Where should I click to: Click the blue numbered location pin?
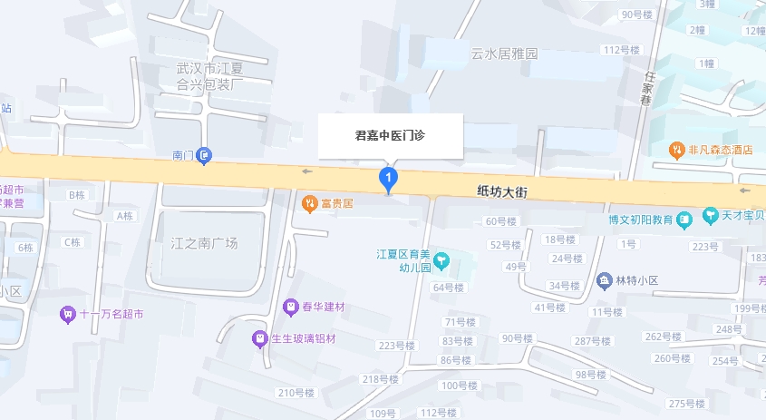click(x=389, y=177)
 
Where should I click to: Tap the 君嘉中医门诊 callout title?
click(x=390, y=135)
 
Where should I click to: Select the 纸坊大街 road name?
click(x=502, y=192)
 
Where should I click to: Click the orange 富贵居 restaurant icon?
click(x=309, y=202)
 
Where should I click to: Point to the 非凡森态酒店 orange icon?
click(x=676, y=150)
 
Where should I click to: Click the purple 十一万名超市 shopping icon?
click(x=67, y=315)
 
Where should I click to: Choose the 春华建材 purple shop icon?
click(x=291, y=308)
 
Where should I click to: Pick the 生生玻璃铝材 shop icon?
click(x=260, y=338)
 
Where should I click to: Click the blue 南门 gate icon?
click(x=206, y=156)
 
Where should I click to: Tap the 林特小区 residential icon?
click(x=604, y=279)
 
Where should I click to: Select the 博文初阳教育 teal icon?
click(x=685, y=219)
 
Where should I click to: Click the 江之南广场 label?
click(x=204, y=243)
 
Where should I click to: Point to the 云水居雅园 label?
click(x=504, y=54)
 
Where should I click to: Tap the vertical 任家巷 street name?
click(x=647, y=89)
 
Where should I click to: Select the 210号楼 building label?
click(x=295, y=393)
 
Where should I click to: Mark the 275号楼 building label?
click(x=687, y=403)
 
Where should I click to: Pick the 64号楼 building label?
click(x=448, y=288)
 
